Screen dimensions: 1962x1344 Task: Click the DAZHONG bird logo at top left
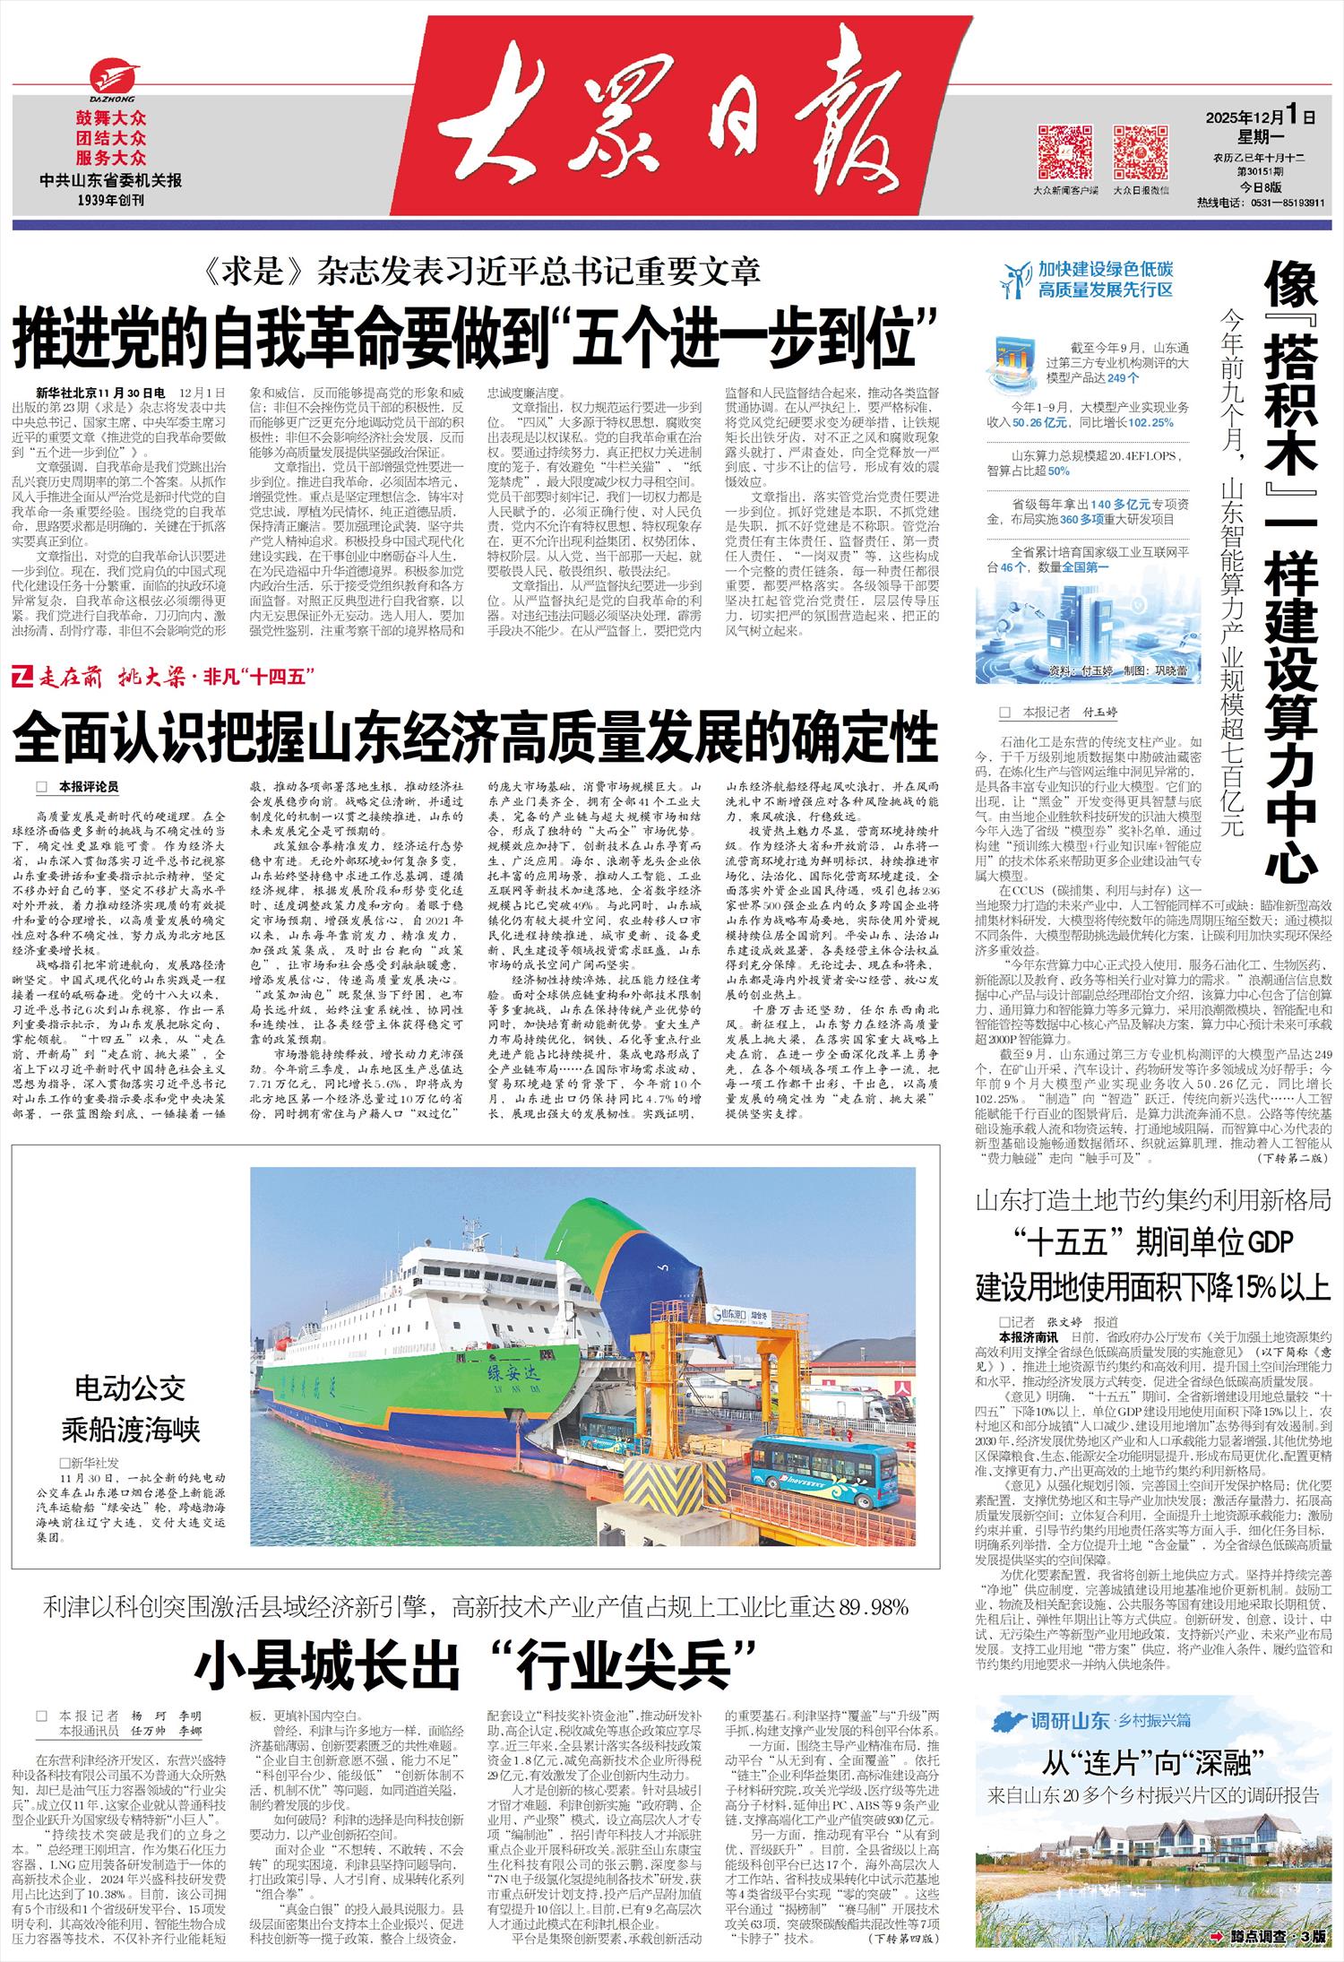pyautogui.click(x=112, y=80)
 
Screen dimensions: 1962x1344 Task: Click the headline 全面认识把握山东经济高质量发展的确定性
pyautogui.click(x=476, y=737)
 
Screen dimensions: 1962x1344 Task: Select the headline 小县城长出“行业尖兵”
pyautogui.click(x=476, y=1664)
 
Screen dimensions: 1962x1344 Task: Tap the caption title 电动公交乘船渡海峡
pyautogui.click(x=131, y=1410)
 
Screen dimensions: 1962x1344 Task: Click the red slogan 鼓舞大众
pyautogui.click(x=111, y=118)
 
